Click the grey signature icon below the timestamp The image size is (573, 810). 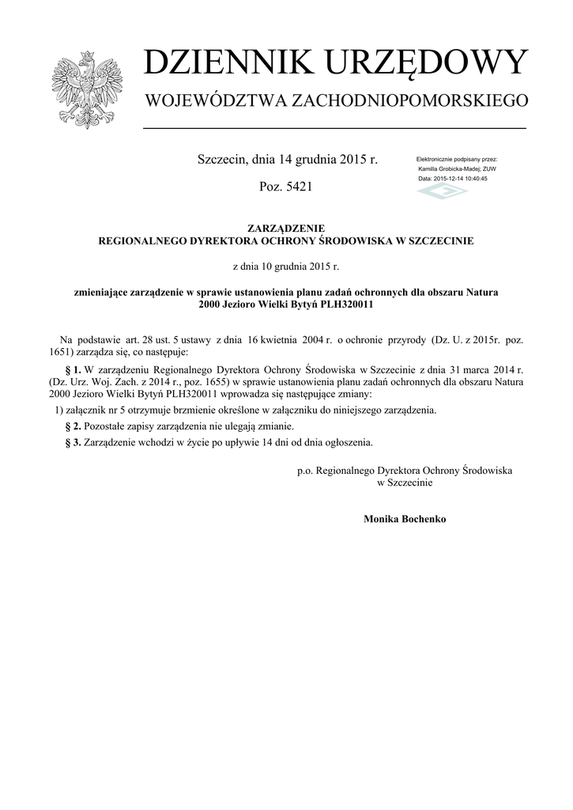(x=443, y=192)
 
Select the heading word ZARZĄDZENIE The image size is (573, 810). (x=285, y=228)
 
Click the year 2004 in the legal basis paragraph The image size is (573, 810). (x=306, y=339)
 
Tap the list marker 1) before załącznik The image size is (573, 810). (x=59, y=410)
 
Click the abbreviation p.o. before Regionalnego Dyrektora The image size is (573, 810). (x=305, y=470)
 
